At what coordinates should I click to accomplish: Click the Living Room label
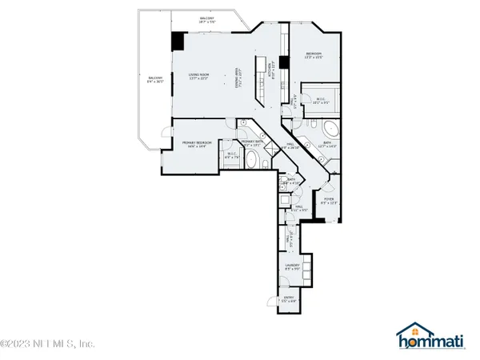[x=199, y=77]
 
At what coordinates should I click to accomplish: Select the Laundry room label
[x=292, y=266]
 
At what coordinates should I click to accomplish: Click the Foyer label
[x=328, y=200]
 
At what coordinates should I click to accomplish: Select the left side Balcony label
[x=155, y=79]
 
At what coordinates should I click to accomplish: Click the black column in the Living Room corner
[x=178, y=43]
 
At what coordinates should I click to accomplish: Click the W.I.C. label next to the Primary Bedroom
[x=231, y=156]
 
